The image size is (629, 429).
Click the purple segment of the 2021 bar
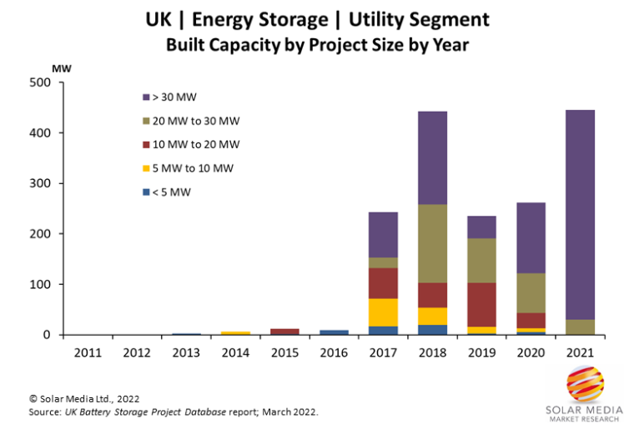(580, 215)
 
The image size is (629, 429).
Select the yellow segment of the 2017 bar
(384, 312)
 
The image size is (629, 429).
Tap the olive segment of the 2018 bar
(432, 243)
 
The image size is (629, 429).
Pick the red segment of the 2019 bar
(482, 305)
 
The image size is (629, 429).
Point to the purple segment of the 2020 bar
(531, 238)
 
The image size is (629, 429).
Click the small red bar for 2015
(284, 332)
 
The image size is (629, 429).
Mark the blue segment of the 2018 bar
(432, 330)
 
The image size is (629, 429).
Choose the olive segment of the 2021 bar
(580, 327)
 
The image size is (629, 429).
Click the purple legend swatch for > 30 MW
(146, 97)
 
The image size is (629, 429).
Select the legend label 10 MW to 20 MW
(196, 145)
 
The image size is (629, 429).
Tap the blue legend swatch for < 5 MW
(146, 192)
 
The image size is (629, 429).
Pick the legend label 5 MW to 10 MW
(193, 168)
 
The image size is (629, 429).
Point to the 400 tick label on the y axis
(40, 133)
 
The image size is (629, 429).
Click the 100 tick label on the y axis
(40, 284)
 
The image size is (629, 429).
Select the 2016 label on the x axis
(334, 353)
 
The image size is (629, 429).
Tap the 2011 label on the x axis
(88, 353)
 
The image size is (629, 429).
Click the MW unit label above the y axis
(62, 69)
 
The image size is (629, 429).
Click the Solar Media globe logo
(586, 384)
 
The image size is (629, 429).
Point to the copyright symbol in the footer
(33, 399)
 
